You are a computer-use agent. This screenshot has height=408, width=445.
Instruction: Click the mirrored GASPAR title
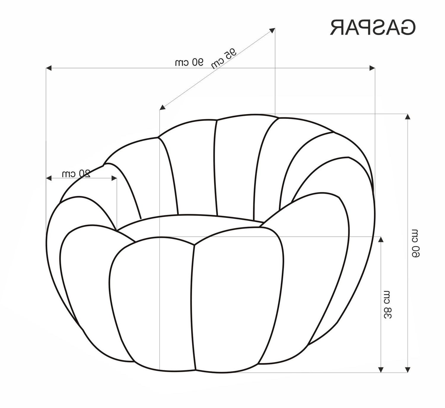coord(373,28)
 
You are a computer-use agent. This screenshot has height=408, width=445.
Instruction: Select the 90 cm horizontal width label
coord(189,62)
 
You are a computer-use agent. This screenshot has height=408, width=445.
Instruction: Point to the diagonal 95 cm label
coord(224,58)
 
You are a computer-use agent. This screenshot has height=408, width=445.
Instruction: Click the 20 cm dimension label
coord(76,173)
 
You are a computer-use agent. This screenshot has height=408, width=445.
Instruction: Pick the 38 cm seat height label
coord(388,305)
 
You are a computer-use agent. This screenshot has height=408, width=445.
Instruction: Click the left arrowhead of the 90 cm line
coord(49,68)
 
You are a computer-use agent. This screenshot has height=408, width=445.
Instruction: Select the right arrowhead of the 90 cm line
coord(372,68)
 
